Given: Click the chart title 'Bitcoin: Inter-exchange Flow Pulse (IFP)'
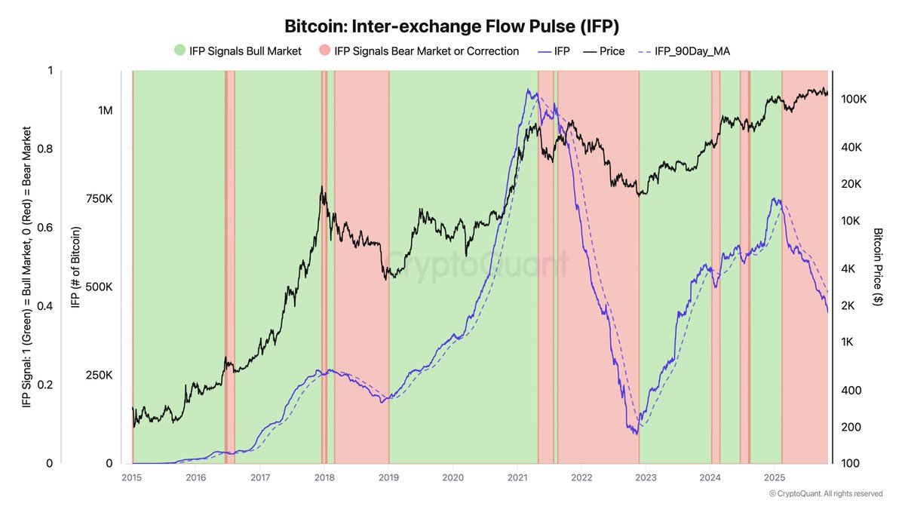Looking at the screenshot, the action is tap(452, 26).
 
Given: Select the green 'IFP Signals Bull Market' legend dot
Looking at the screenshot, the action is tap(179, 50).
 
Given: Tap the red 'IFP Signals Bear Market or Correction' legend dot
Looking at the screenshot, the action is tap(325, 50).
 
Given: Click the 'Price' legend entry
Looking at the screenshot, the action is tap(604, 51).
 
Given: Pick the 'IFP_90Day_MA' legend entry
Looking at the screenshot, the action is tap(685, 51).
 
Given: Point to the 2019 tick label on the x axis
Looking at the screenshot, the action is tap(388, 477).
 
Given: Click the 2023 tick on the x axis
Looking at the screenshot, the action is tap(646, 477).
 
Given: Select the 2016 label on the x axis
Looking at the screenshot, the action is tap(196, 477).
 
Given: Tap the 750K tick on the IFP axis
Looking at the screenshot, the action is tap(99, 199).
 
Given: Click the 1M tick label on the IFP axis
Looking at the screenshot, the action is tap(106, 110).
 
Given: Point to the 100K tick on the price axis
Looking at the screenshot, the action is tap(854, 100).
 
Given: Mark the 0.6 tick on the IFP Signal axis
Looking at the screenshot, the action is tap(44, 228).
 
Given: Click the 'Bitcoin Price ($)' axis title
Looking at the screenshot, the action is tap(878, 267).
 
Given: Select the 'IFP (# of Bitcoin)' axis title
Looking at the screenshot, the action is tap(75, 267).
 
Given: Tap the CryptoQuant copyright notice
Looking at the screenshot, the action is tap(826, 494).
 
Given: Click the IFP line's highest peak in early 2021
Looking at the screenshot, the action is tap(528, 89).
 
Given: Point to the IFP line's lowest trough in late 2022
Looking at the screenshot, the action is tap(637, 434).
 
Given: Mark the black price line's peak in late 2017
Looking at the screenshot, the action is tap(321, 186).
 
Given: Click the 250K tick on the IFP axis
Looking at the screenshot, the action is tap(99, 376).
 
